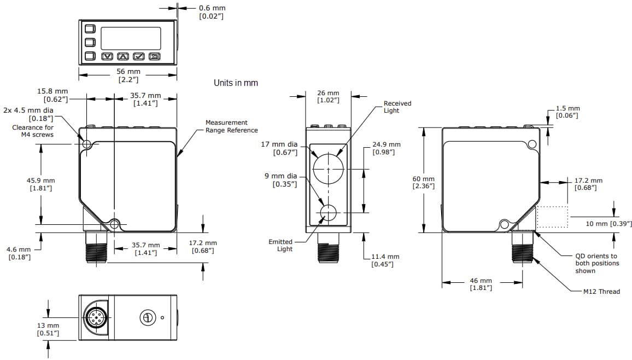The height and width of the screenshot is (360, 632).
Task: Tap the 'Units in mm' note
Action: point(236,83)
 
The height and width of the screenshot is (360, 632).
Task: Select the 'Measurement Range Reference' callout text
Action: point(231,126)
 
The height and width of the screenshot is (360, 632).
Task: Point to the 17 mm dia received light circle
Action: point(328,169)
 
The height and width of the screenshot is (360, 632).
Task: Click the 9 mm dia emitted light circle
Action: point(328,213)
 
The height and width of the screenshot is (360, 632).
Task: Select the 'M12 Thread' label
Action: point(601,292)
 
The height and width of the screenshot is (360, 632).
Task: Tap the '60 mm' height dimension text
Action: point(423,179)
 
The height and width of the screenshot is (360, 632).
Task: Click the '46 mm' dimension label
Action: point(481,281)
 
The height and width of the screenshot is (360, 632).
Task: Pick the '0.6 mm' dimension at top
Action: point(212,8)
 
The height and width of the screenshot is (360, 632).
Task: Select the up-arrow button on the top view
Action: point(124,56)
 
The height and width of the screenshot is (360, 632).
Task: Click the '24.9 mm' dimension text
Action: point(386,144)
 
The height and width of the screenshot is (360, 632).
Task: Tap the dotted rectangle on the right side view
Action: point(553,217)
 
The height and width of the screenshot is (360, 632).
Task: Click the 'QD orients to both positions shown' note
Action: point(597,263)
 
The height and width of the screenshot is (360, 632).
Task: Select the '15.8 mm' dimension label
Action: point(56,91)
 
